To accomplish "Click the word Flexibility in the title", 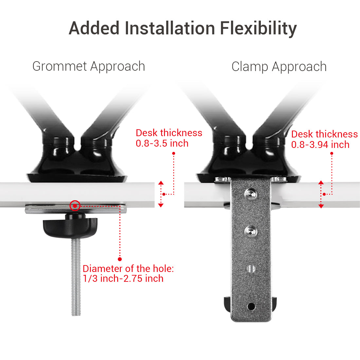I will click(x=258, y=28).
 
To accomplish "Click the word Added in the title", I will click(x=94, y=28).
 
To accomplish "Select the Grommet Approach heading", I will click(x=89, y=66).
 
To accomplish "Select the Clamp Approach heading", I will click(x=279, y=67).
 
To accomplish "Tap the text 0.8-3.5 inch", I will click(x=162, y=143).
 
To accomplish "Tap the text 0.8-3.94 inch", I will click(x=320, y=145).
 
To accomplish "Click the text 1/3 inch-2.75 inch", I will click(x=123, y=279).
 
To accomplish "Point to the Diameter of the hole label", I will click(x=128, y=269).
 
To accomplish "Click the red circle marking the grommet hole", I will click(x=75, y=206).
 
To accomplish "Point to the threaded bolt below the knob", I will click(x=76, y=278).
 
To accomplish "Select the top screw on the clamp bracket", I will click(x=251, y=194).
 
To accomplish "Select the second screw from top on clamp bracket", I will click(x=251, y=231).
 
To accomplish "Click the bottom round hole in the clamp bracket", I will click(x=251, y=306).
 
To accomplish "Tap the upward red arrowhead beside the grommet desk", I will click(x=161, y=183).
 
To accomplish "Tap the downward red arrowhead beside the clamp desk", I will click(x=321, y=206).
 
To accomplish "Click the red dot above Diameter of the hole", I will click(x=120, y=259).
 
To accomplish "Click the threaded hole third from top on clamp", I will click(x=251, y=269).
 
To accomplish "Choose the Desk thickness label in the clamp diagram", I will click(x=324, y=134).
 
